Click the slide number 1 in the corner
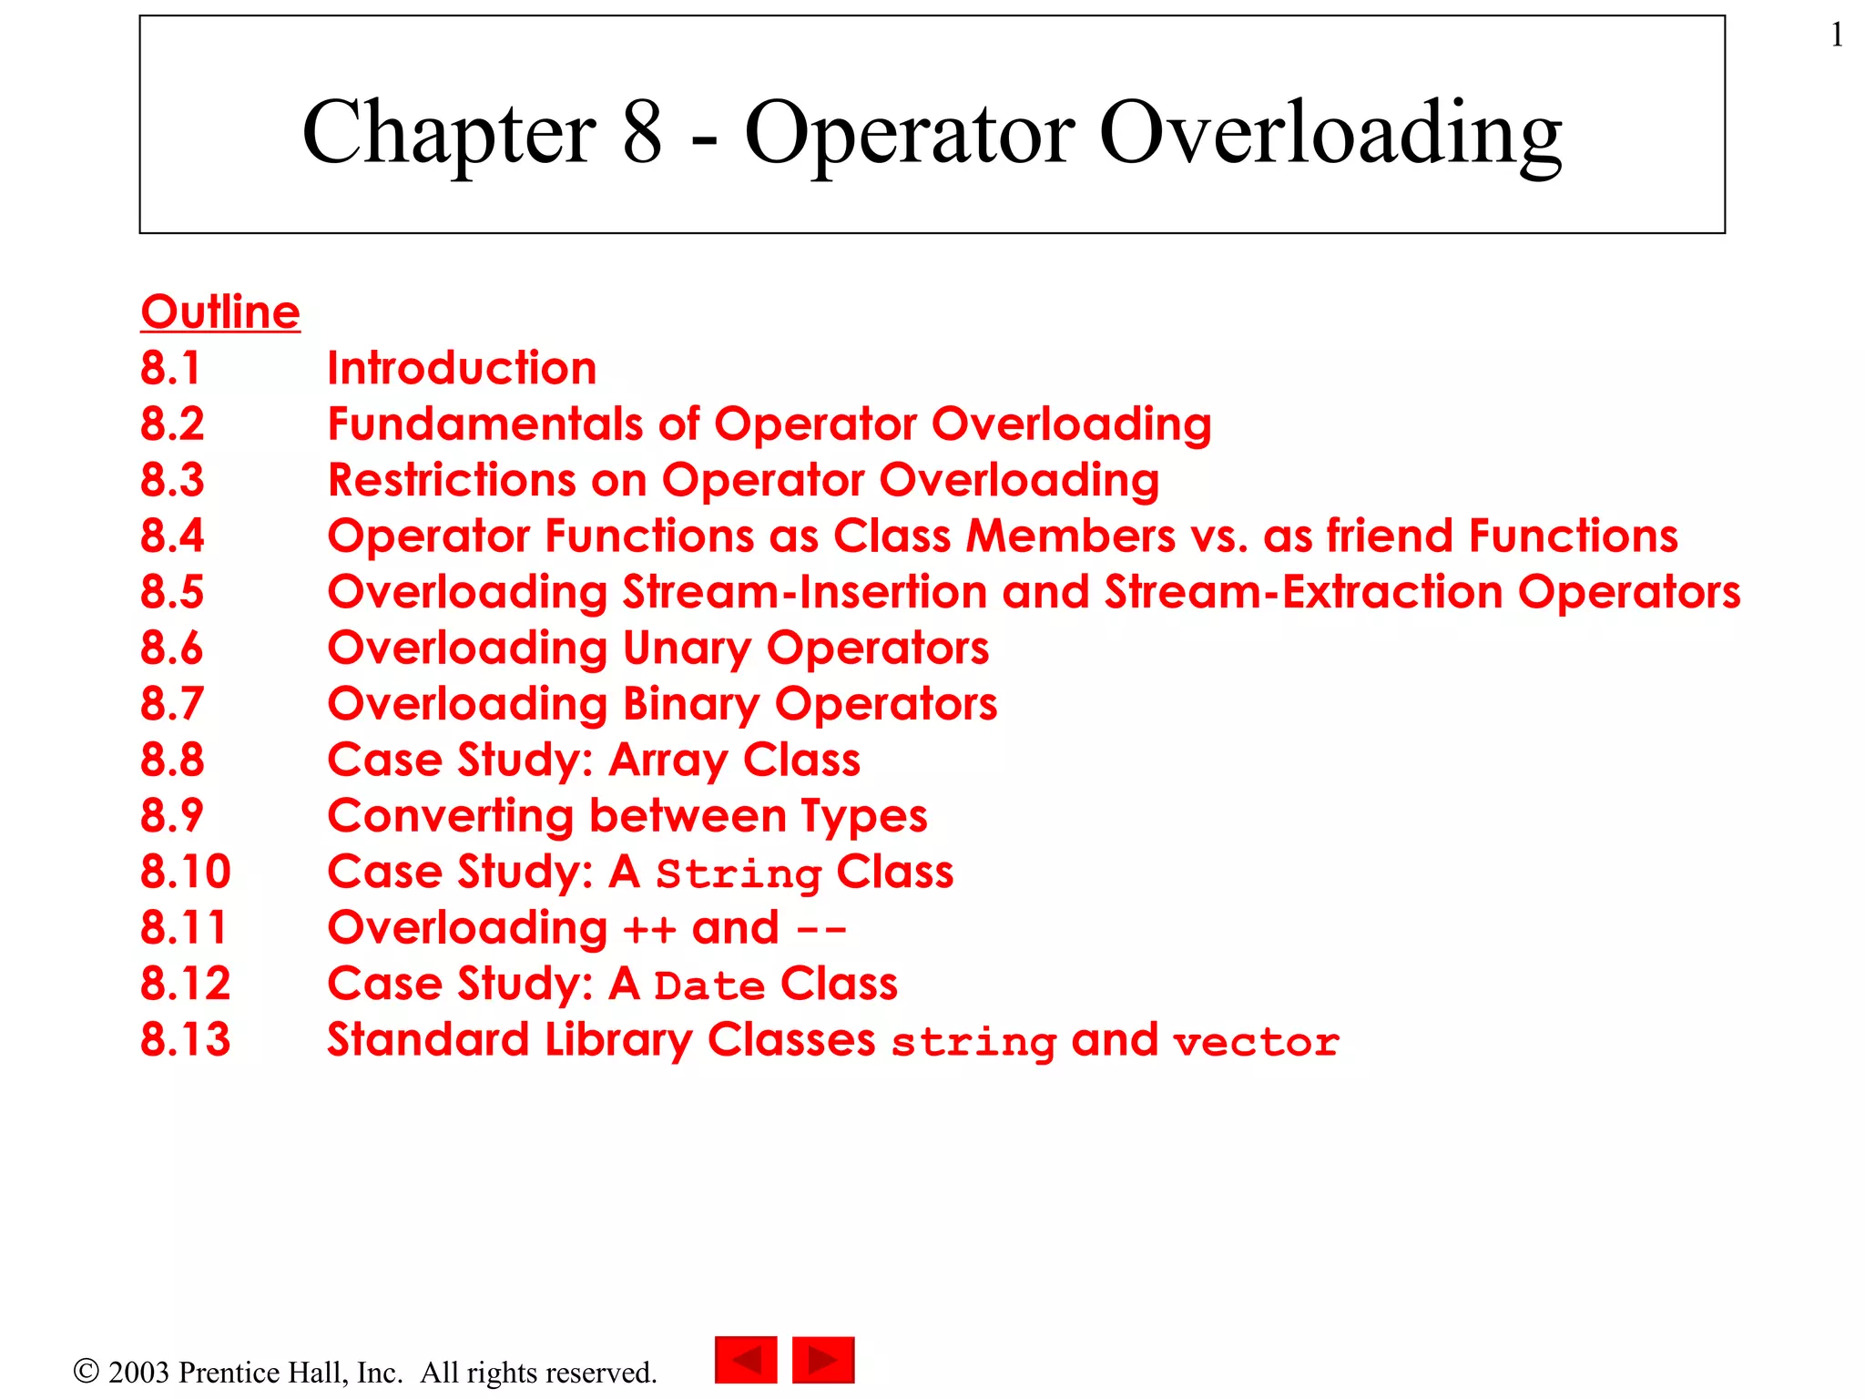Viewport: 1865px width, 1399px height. pyautogui.click(x=1836, y=36)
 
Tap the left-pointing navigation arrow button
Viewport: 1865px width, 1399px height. pyautogui.click(x=746, y=1360)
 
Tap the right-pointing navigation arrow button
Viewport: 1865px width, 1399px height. pyautogui.click(x=823, y=1360)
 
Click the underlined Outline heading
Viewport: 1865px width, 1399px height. pyautogui.click(x=220, y=312)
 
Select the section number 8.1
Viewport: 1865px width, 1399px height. pyautogui.click(x=170, y=368)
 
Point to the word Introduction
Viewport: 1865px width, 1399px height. pyautogui.click(x=462, y=368)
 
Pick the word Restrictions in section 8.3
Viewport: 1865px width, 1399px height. pyautogui.click(x=452, y=480)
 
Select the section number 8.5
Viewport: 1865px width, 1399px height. pyautogui.click(x=172, y=592)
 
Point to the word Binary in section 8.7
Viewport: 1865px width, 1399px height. pyautogui.click(x=691, y=705)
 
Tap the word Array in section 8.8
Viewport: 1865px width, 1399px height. pyautogui.click(x=668, y=761)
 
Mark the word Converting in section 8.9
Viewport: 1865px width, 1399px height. pyautogui.click(x=451, y=817)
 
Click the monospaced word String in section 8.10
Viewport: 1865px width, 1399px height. pyautogui.click(x=739, y=874)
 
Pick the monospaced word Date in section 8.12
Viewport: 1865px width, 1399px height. pyautogui.click(x=709, y=986)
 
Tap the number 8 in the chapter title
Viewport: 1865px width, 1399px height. pyautogui.click(x=642, y=133)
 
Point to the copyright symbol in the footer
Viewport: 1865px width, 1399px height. pyautogui.click(x=86, y=1371)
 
